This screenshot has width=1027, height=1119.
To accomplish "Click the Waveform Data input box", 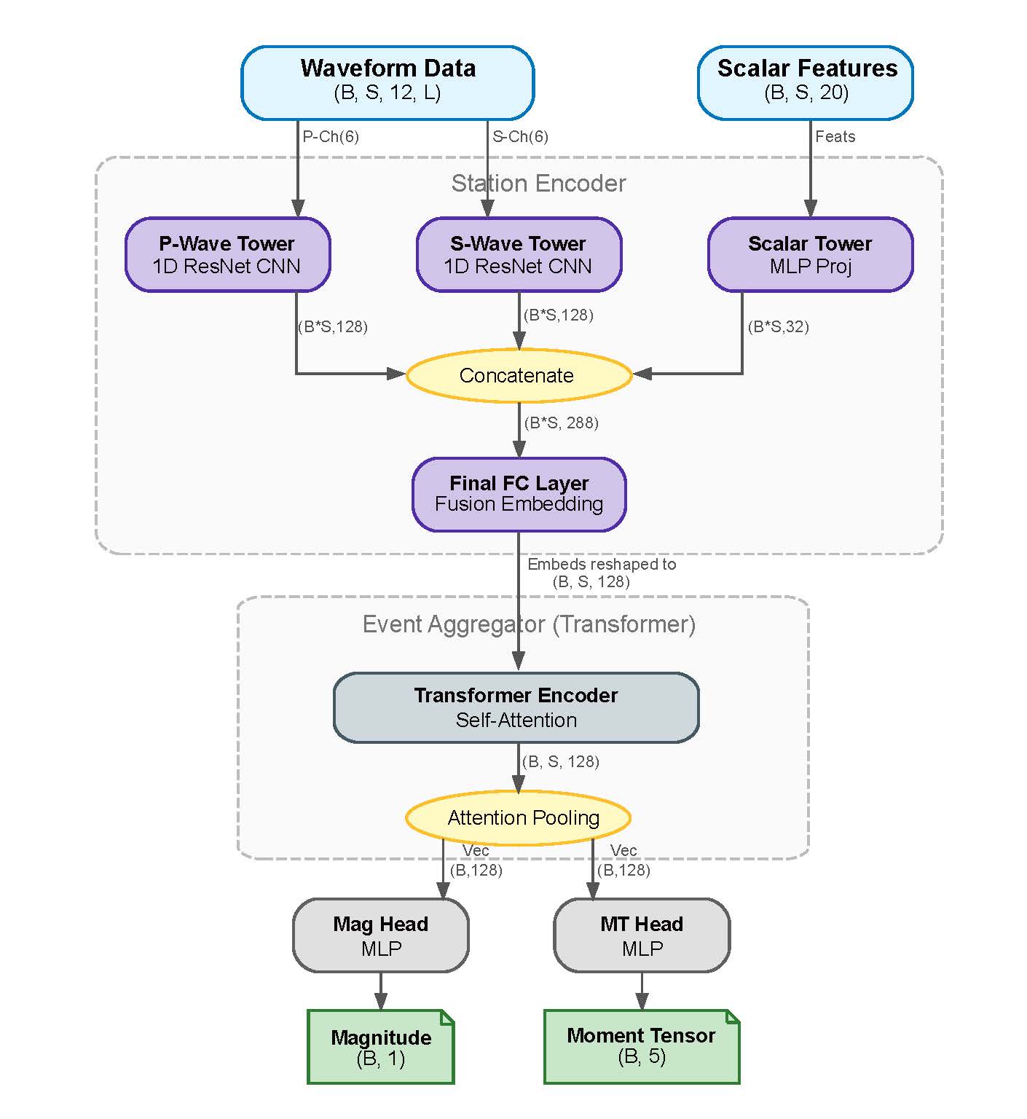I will pos(387,82).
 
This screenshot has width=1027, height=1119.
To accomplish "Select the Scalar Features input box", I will pos(806,82).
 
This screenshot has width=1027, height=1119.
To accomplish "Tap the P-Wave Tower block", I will pos(227,254).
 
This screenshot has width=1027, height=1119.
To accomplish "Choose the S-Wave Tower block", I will pos(519,254).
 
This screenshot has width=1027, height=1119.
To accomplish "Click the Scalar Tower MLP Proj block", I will pos(810,254).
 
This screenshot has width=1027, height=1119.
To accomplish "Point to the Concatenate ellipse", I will pos(518,375).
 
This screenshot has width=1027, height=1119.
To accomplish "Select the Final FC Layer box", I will pos(519,494).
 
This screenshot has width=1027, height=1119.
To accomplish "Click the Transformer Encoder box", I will pos(516,707).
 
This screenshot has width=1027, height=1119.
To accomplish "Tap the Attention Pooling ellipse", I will pos(518,817).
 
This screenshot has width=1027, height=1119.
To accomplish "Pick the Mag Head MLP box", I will pos(380,935).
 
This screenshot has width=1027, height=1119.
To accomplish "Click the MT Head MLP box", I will pos(642,935).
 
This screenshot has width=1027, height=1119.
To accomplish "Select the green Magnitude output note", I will pos(381,1047).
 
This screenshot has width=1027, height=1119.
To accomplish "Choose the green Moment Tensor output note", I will pos(642,1046).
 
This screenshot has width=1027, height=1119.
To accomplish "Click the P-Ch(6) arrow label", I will pos(331,137).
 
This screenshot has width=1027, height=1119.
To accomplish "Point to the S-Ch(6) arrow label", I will pos(520,137).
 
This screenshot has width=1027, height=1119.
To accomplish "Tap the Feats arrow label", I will pos(835,137).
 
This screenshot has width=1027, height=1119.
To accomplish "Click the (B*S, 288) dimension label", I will pos(561,423).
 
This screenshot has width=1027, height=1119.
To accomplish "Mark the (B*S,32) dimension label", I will pos(778,327).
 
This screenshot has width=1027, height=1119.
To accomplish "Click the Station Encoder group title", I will pos(538,184).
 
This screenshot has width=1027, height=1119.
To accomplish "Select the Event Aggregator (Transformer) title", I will pos(529,624).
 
